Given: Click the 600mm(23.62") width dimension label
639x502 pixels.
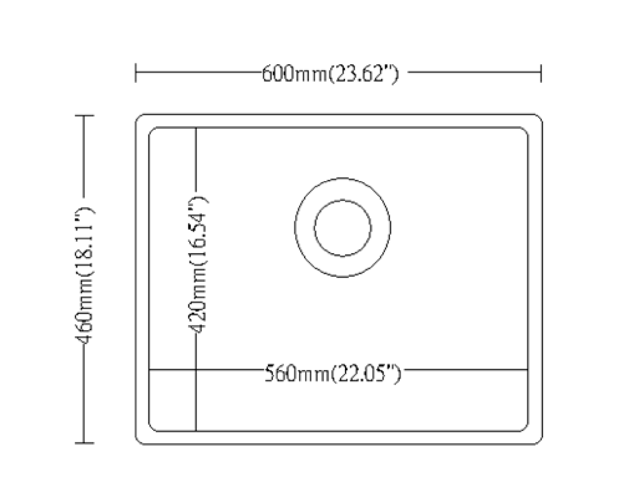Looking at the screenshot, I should [x=330, y=74].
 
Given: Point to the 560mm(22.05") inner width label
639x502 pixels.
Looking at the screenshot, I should [x=333, y=373].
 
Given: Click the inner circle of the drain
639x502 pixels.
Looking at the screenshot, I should [x=342, y=228].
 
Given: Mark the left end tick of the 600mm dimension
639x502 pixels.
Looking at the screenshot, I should [x=136, y=72].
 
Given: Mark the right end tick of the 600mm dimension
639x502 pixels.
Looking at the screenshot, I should [x=541, y=72].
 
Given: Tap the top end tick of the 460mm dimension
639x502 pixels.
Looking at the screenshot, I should [x=84, y=115].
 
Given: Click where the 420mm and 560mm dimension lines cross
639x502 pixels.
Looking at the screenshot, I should [x=196, y=370].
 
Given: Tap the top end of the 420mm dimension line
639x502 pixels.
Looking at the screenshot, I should [x=196, y=128].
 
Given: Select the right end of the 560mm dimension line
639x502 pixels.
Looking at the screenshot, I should [x=527, y=370].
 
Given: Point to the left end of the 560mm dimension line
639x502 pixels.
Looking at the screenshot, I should [x=150, y=370].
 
